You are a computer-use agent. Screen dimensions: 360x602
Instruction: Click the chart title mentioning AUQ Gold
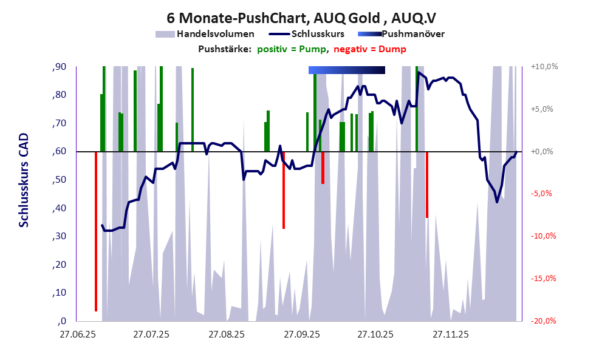point(301,18)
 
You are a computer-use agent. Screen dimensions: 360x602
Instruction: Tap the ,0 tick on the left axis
point(62,321)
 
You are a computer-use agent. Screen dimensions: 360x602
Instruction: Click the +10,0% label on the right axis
point(544,67)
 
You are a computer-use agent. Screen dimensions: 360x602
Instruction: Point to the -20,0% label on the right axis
point(544,321)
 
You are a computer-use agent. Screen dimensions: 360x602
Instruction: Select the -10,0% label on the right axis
point(544,236)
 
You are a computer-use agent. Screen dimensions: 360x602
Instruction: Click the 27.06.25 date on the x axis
point(77,334)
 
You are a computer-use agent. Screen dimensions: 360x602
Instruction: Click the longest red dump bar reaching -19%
point(96,231)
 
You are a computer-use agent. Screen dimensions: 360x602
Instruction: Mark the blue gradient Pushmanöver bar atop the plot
point(347,70)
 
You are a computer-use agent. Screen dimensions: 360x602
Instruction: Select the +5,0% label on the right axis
point(544,109)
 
